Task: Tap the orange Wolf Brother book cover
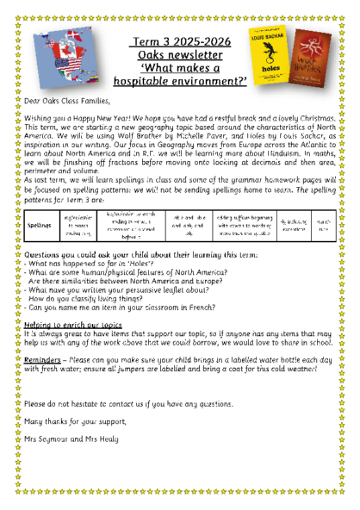pyautogui.click(x=308, y=58)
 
